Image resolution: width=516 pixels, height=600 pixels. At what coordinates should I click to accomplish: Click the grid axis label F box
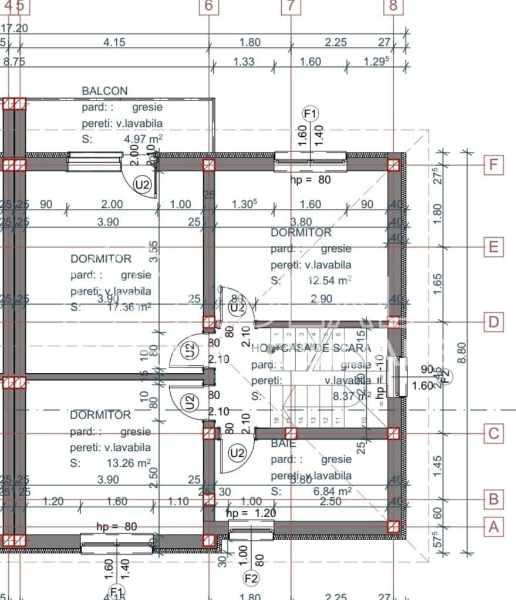coord(494,165)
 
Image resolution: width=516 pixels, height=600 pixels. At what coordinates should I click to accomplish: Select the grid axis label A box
coord(494,527)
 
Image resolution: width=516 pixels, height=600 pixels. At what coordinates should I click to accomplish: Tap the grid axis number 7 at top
coord(291,6)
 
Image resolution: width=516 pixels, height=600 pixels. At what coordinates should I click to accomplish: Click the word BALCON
coord(104,91)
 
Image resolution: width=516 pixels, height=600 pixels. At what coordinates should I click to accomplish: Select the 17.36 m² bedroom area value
coord(130,306)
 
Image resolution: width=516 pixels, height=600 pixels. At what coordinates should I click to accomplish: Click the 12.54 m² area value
coord(329,281)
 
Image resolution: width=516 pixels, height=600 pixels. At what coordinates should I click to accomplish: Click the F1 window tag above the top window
coord(310,113)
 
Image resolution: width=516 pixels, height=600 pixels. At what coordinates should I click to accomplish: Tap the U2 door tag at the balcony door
coord(142,184)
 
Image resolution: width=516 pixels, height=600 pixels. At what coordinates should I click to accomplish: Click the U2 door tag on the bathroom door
coord(237,453)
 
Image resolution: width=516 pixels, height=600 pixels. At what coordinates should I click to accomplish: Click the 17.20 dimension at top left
coord(15,28)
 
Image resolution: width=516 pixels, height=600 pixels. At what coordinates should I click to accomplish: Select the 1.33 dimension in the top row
coord(243,61)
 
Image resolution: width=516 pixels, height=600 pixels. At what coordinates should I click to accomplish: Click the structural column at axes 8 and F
coord(393,165)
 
